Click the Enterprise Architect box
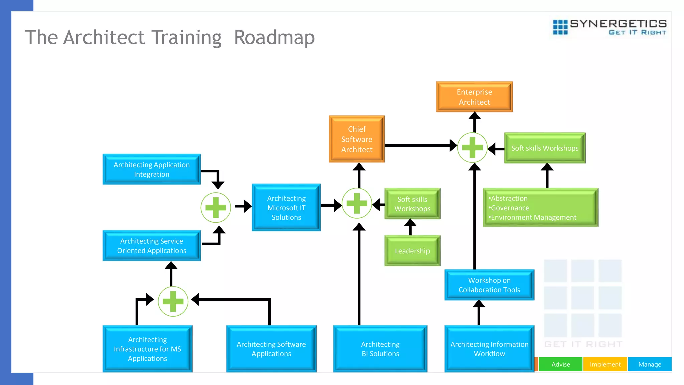tap(474, 97)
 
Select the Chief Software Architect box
tap(357, 139)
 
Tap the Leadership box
tap(412, 251)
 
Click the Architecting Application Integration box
tap(152, 169)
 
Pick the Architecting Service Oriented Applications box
tap(152, 246)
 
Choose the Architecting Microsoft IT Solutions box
tap(286, 208)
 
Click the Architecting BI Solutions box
tap(380, 349)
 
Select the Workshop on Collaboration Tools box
tap(489, 285)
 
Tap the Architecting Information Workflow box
tap(489, 349)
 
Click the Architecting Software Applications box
tap(271, 349)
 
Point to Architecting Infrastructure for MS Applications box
tap(147, 349)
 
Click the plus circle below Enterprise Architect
tap(472, 147)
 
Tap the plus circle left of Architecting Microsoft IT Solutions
tap(216, 207)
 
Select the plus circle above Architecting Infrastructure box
tap(173, 301)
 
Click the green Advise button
tap(560, 364)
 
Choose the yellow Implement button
tap(605, 364)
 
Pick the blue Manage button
tap(650, 364)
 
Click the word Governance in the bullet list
tap(510, 208)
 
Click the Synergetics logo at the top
tap(610, 27)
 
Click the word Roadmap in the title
tap(274, 37)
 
